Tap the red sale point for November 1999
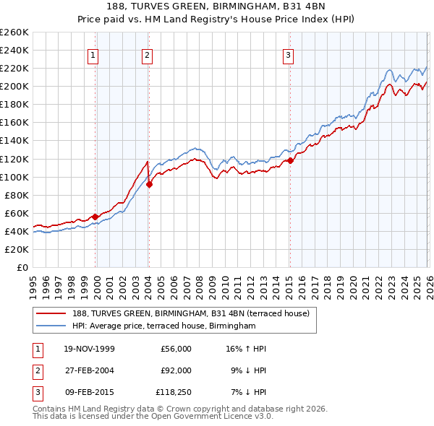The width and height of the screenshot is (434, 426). click(x=95, y=216)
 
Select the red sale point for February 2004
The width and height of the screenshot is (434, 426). click(x=149, y=184)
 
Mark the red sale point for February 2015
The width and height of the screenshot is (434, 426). click(x=289, y=160)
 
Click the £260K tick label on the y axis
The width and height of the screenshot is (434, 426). click(x=14, y=32)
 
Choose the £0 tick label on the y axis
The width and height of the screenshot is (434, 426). click(x=21, y=267)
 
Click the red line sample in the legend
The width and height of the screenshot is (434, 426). click(x=52, y=313)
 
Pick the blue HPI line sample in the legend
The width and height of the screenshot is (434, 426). click(x=52, y=326)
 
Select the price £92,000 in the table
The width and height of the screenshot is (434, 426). click(x=176, y=370)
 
